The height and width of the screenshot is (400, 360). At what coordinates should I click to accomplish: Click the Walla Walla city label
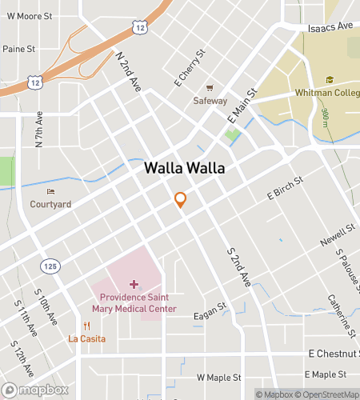[184, 170]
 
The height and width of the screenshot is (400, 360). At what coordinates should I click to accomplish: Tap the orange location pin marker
[181, 200]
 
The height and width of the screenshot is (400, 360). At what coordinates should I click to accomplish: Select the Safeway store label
[210, 102]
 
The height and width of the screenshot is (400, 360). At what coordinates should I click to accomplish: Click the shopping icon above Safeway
[210, 88]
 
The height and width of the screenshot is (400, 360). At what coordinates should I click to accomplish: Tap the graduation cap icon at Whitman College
[329, 79]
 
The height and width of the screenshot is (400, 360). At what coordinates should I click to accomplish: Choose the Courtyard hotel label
[50, 204]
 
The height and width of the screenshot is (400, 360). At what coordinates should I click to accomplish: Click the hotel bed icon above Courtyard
[50, 191]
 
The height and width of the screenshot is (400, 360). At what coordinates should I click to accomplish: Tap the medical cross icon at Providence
[133, 284]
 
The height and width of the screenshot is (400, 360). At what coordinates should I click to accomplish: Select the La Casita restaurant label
[86, 338]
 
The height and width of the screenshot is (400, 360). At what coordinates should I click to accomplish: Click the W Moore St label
[29, 14]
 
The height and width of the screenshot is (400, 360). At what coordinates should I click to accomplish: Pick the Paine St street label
[19, 49]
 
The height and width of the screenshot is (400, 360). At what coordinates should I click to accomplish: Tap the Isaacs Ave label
[332, 26]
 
